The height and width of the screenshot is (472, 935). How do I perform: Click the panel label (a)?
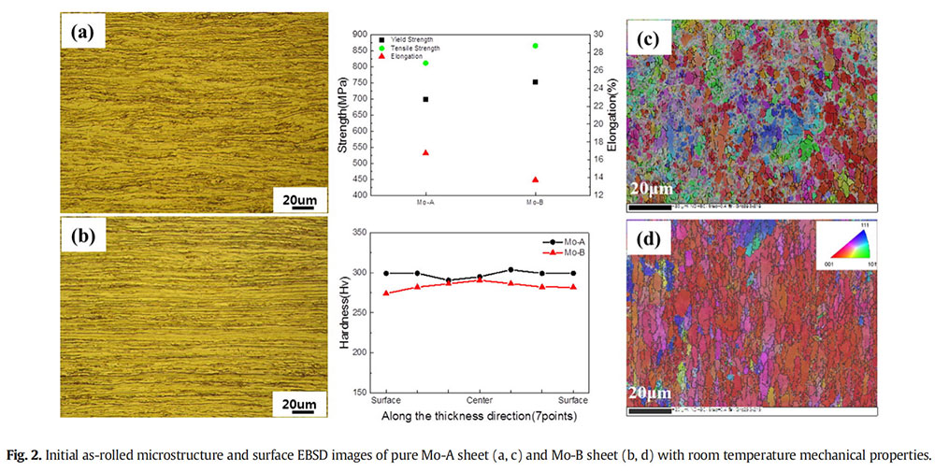87,36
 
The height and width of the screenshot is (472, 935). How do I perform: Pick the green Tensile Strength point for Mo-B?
535,46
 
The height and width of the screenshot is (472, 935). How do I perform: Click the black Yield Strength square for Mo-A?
425,99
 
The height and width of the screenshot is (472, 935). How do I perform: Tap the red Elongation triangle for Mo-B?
535,179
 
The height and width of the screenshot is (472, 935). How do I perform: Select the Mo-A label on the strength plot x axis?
425,203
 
